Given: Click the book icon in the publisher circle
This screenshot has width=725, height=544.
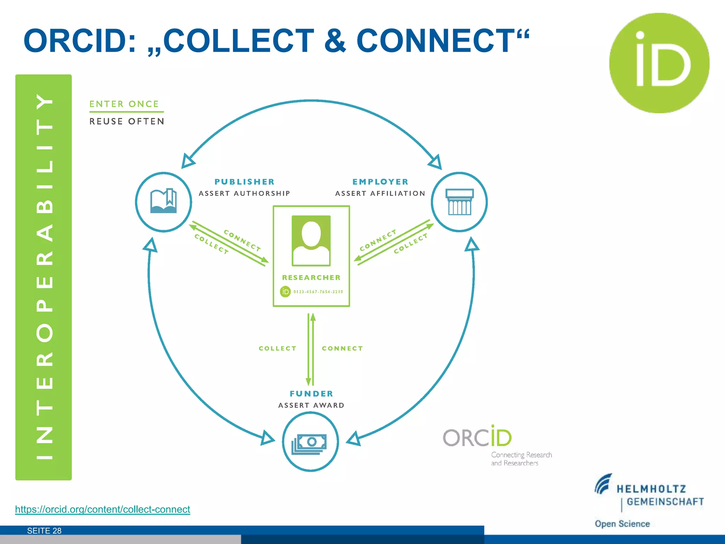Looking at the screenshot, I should pyautogui.click(x=164, y=201).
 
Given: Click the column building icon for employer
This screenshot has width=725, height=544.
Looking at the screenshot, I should pyautogui.click(x=459, y=202).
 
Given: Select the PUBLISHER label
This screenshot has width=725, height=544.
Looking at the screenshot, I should pyautogui.click(x=245, y=182).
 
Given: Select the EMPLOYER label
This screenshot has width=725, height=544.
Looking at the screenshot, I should pyautogui.click(x=381, y=182).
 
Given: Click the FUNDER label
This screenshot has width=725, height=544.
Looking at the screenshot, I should pyautogui.click(x=312, y=393).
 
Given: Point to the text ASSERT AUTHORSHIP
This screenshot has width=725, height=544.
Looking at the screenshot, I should pyautogui.click(x=244, y=193).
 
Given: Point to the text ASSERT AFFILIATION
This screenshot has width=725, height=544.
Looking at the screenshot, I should pyautogui.click(x=380, y=193).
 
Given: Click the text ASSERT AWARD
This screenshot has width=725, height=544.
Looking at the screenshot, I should pyautogui.click(x=311, y=405).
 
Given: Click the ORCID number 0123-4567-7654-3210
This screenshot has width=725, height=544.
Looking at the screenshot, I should pyautogui.click(x=318, y=292).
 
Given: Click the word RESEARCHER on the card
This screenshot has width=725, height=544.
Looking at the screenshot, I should pyautogui.click(x=311, y=278).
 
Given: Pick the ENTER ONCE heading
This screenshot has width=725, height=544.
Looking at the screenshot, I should pyautogui.click(x=124, y=104).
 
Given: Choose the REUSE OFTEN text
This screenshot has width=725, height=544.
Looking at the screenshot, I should pyautogui.click(x=127, y=121).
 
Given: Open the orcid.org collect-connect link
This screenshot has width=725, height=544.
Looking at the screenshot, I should pyautogui.click(x=103, y=509).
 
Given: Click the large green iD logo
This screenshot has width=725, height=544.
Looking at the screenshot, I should pyautogui.click(x=659, y=63).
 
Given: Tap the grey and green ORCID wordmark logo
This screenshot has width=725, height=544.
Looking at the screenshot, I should pyautogui.click(x=477, y=438).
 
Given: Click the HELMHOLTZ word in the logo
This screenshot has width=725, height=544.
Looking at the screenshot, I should pyautogui.click(x=651, y=489).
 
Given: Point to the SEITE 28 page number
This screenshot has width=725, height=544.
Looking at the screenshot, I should pyautogui.click(x=44, y=531).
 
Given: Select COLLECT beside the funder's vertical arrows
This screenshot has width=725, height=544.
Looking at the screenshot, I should pyautogui.click(x=278, y=348).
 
